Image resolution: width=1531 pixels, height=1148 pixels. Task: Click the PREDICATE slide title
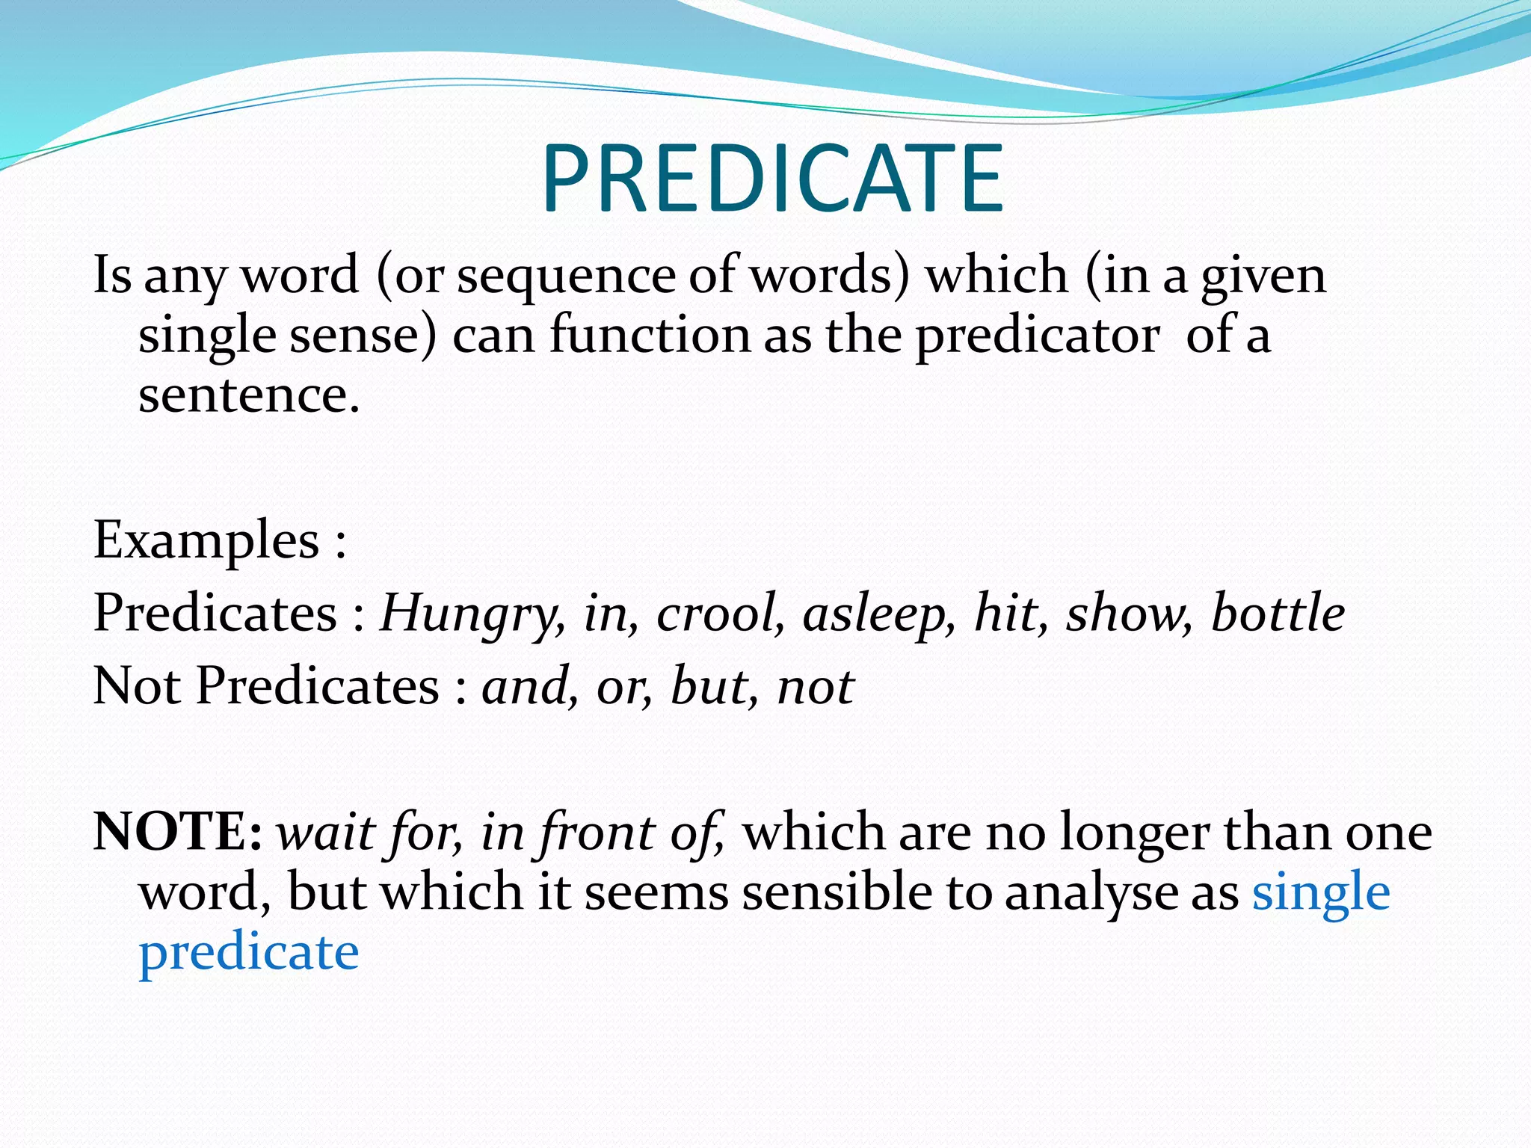click(772, 180)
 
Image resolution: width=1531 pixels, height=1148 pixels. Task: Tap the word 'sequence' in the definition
click(566, 276)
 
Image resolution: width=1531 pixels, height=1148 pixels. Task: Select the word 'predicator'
click(1038, 336)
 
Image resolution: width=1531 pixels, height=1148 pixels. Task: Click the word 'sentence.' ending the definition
click(249, 395)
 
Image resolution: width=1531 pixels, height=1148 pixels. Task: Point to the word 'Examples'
click(206, 540)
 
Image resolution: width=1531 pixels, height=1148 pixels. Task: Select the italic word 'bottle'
click(1278, 612)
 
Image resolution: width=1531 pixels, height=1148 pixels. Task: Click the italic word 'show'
click(1128, 614)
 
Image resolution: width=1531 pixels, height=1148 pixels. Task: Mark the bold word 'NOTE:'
click(178, 832)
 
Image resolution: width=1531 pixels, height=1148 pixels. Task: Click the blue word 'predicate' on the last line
click(249, 953)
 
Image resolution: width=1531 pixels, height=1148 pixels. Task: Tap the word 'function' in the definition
click(650, 336)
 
